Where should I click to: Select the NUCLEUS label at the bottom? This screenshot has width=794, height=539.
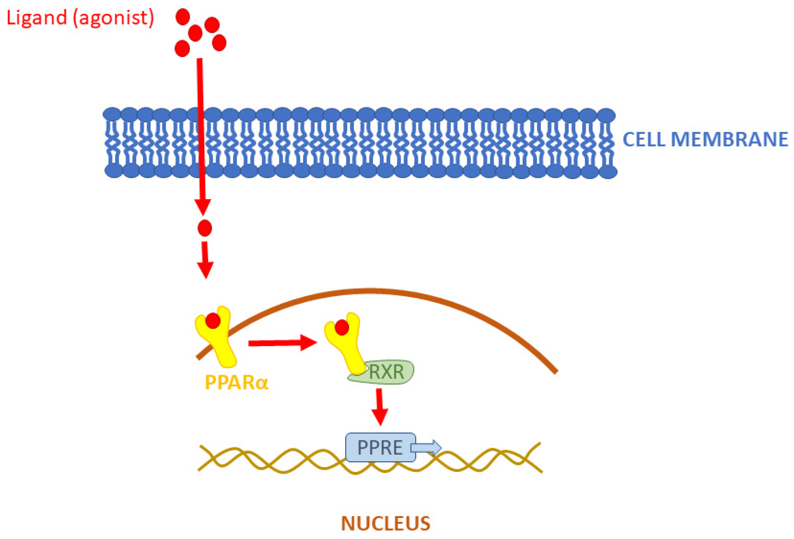pyautogui.click(x=385, y=523)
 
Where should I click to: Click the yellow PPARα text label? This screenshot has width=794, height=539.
pyautogui.click(x=237, y=382)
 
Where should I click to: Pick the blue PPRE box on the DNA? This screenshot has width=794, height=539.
pyautogui.click(x=379, y=447)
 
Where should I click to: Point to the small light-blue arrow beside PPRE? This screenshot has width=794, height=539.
pyautogui.click(x=426, y=447)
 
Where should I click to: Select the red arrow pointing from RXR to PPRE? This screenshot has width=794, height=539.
pyautogui.click(x=379, y=407)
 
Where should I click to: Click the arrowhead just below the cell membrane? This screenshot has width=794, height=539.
pyautogui.click(x=203, y=206)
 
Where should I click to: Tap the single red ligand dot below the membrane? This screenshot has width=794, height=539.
pyautogui.click(x=205, y=228)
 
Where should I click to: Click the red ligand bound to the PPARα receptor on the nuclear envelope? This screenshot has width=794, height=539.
pyautogui.click(x=213, y=321)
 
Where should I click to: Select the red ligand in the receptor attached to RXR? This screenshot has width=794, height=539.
pyautogui.click(x=342, y=327)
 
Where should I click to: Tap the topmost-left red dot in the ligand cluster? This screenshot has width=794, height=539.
pyautogui.click(x=183, y=16)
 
